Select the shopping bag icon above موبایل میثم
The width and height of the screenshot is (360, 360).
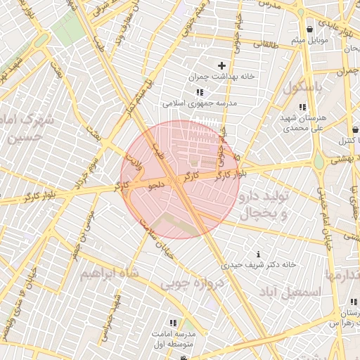pos(310,29)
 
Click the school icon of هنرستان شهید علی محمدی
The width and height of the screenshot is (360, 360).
pos(302,107)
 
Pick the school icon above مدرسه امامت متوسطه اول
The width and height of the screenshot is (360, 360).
pos(174,322)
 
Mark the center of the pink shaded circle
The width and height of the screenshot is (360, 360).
pos(180,179)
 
